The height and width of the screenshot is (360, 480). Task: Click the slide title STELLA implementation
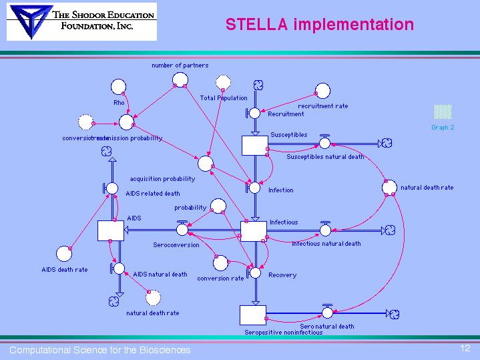pyautogui.click(x=319, y=25)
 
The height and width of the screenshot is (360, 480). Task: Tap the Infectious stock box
pyautogui.click(x=254, y=230)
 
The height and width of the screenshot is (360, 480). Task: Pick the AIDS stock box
pyautogui.click(x=110, y=230)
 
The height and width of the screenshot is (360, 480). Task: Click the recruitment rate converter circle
pyautogui.click(x=322, y=90)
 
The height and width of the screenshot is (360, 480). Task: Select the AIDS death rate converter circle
pyautogui.click(x=64, y=253)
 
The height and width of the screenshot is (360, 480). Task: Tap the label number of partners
pyautogui.click(x=180, y=65)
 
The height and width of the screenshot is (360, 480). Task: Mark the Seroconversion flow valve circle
pyautogui.click(x=182, y=230)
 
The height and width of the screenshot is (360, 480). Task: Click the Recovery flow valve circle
pyautogui.click(x=255, y=273)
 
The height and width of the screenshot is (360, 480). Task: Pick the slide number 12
pyautogui.click(x=465, y=348)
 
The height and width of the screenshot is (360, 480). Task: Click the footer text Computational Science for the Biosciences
pyautogui.click(x=99, y=350)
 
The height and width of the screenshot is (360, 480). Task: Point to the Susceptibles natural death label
pyautogui.click(x=325, y=157)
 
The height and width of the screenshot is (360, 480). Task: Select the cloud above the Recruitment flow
pyautogui.click(x=258, y=85)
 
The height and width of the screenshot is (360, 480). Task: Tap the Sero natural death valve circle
pyautogui.click(x=326, y=313)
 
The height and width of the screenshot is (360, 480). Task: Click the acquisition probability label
pyautogui.click(x=162, y=179)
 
